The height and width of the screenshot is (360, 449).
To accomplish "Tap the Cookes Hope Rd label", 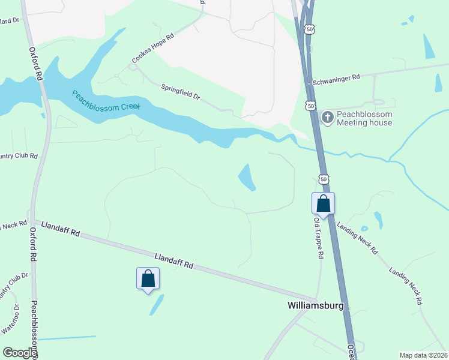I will pos(152,47).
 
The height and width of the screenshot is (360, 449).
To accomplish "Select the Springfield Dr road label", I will pos(180,92).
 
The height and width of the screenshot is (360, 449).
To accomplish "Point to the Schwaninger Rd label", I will pos(335,77).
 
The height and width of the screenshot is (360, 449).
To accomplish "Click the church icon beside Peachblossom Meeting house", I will pos(327,117).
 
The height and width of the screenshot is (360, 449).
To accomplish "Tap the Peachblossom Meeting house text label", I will pos(364,118).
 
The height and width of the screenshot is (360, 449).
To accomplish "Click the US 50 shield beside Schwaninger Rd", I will pos(310,106).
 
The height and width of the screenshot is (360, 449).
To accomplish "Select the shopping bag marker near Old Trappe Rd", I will pos(323,203).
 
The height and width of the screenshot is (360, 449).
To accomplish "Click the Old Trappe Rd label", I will pos(319,238).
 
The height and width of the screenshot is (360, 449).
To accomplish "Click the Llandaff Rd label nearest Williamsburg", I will pos(174,260).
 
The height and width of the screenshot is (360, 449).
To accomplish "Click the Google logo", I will pos(20,353).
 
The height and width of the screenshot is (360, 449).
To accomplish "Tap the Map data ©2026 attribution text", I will pos(423,355).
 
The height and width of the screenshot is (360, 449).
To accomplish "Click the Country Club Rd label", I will pos(18,156).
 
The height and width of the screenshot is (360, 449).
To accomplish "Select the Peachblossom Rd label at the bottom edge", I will pos(34,330).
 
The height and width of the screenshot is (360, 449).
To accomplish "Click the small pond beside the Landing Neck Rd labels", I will pos(378,220).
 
